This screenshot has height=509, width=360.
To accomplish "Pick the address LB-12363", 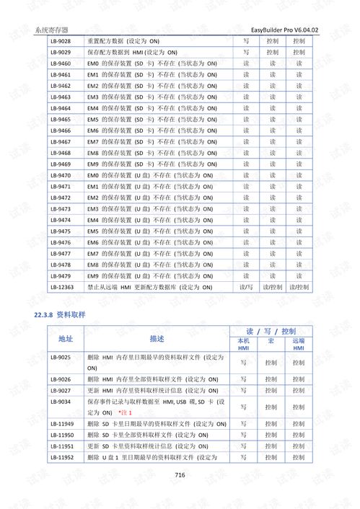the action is click(62, 287).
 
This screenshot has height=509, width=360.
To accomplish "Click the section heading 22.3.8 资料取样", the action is click(60, 316).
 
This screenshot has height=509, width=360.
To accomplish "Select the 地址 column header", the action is click(66, 338).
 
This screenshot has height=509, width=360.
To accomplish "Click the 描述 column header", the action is click(157, 338).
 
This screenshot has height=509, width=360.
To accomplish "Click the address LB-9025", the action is click(61, 357).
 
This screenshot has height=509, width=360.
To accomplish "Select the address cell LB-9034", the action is click(61, 401).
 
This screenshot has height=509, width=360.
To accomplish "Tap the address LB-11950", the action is click(62, 435).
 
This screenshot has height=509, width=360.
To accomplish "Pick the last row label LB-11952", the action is click(62, 457).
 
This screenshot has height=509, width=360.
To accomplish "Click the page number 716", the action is click(180, 474).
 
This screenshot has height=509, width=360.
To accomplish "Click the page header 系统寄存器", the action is click(51, 30).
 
